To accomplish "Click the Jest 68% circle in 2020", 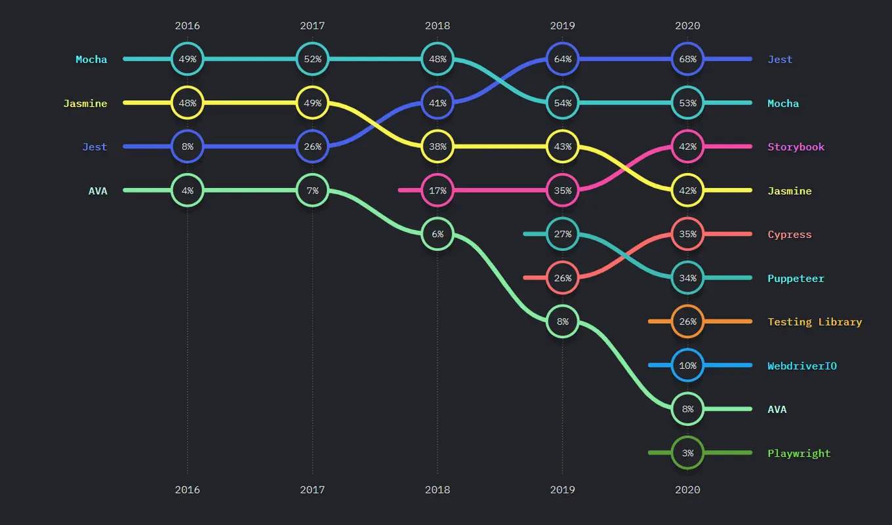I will (687, 59).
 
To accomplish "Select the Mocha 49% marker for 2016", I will (188, 59).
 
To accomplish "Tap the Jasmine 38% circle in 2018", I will (437, 147).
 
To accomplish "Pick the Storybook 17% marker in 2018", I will (437, 191).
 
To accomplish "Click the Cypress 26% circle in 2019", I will (563, 278).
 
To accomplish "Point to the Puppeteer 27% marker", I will (563, 234).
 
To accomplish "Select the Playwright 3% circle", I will (687, 453).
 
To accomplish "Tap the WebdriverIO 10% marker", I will (687, 366).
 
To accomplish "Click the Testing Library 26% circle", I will (687, 322).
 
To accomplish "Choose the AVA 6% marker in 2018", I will (437, 234).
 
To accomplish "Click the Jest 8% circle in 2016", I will (188, 147).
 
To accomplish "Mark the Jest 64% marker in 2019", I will (563, 59).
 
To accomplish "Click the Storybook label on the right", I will (796, 147).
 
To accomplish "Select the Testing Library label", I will (815, 322).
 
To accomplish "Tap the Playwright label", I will (799, 453).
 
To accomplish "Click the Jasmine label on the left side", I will (85, 103).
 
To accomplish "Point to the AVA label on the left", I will (98, 191).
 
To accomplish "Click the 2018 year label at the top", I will (437, 26).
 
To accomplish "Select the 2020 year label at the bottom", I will (687, 490).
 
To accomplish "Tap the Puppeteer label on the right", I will (796, 278).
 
